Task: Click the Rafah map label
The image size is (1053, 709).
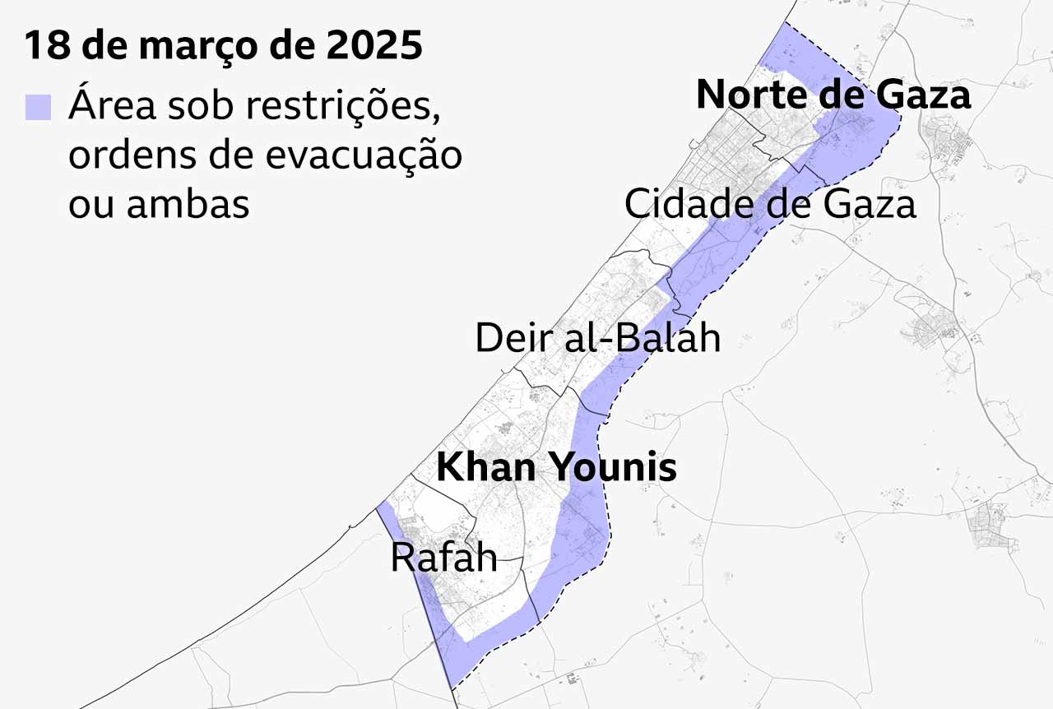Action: click(x=443, y=558)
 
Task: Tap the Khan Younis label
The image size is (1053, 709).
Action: click(x=556, y=467)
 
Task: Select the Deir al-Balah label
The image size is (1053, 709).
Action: click(x=598, y=338)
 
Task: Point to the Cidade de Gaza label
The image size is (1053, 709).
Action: click(x=770, y=203)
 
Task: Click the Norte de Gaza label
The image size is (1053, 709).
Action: click(x=833, y=95)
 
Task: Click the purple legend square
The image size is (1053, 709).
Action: click(x=38, y=108)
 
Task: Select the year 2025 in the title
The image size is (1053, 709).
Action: click(x=374, y=46)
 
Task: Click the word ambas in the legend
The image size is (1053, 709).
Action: click(x=188, y=203)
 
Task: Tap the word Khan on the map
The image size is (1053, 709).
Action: click(x=486, y=467)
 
